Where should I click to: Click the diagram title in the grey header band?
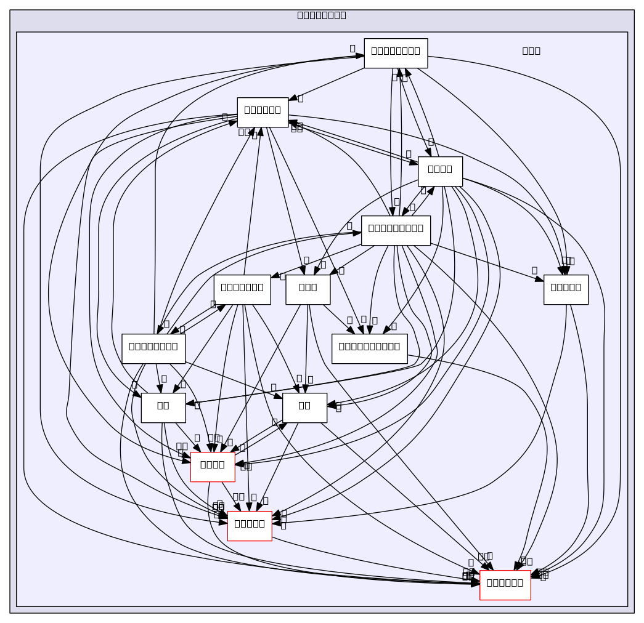point(321,15)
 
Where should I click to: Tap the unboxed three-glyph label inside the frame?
point(531,50)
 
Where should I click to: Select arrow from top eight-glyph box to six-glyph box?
point(327,83)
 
